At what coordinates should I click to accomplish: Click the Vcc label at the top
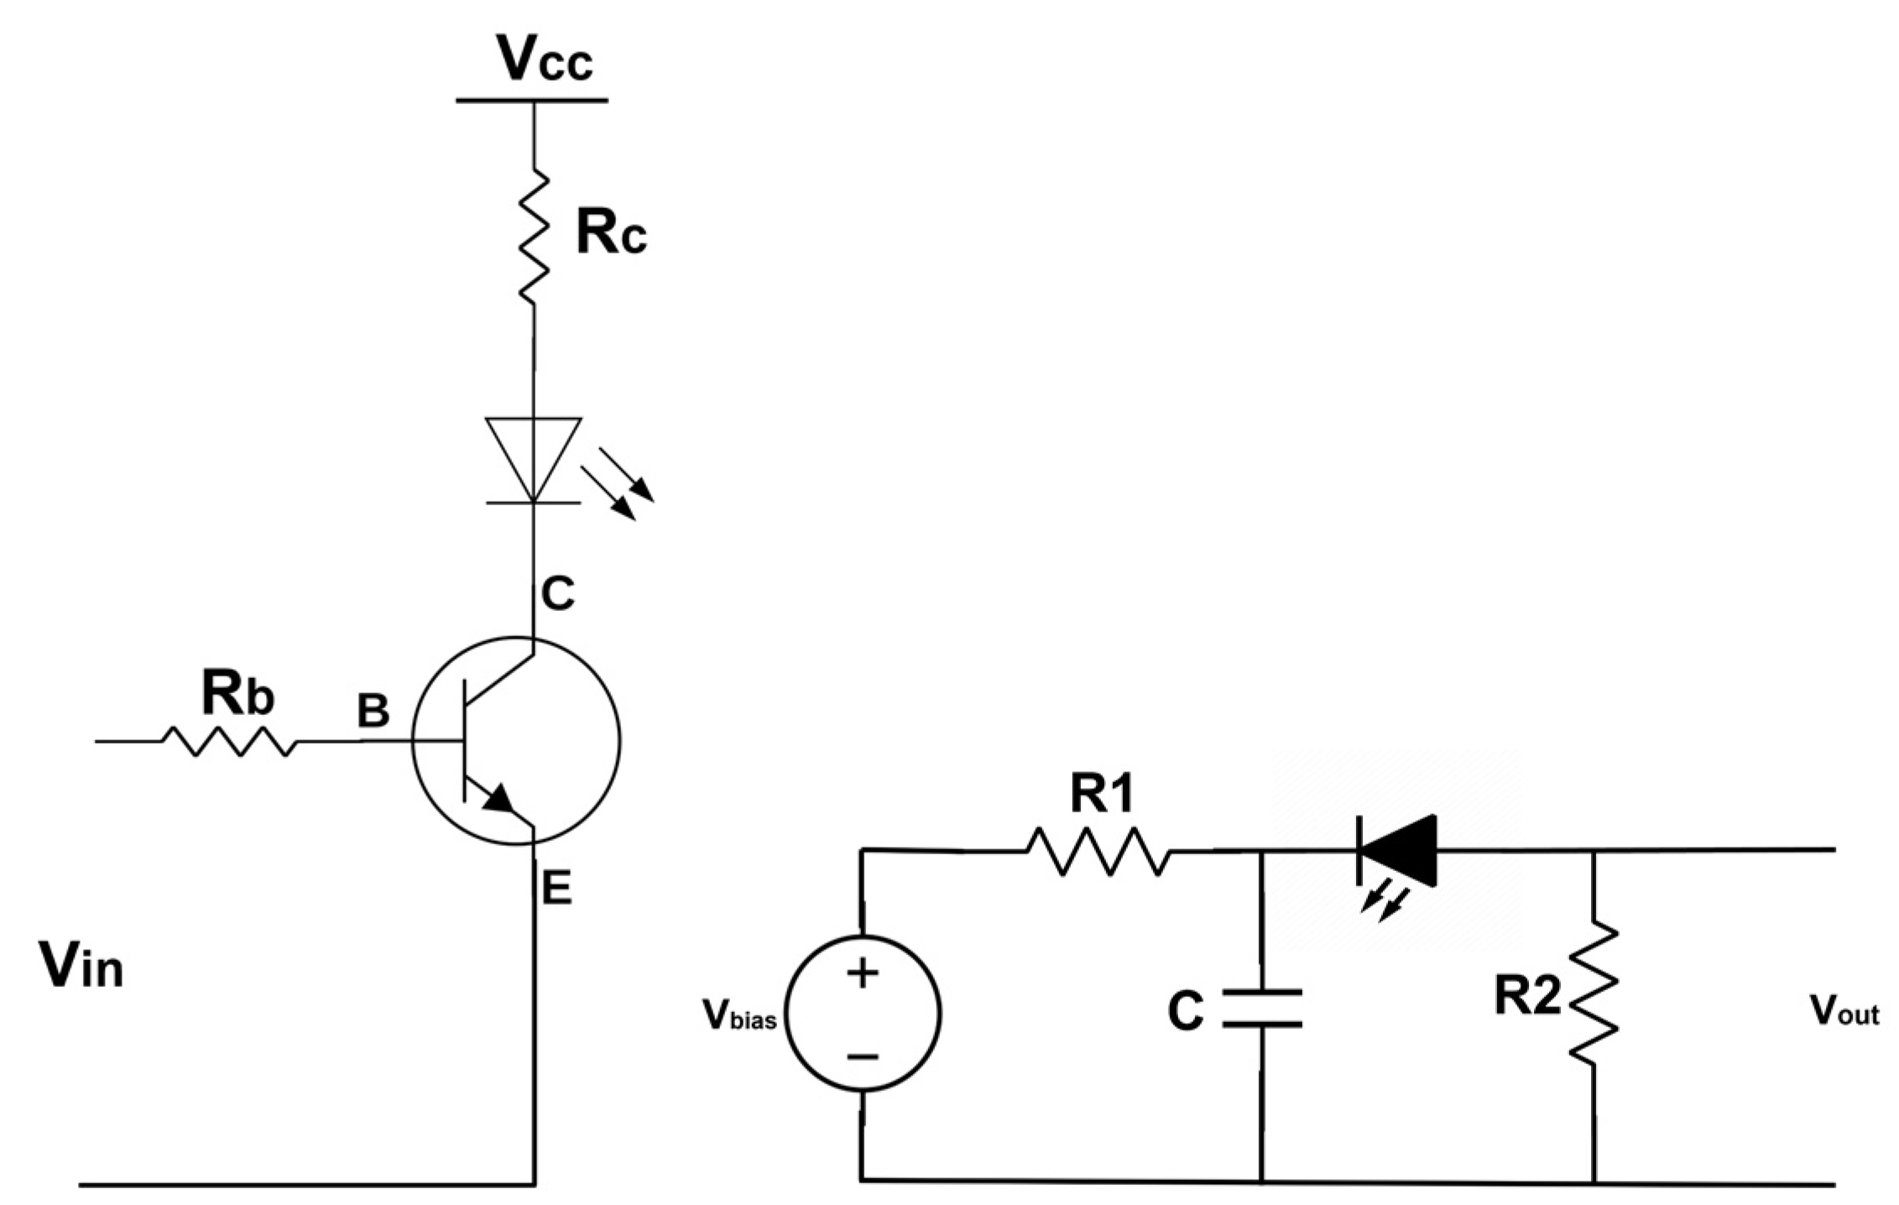pyautogui.click(x=544, y=59)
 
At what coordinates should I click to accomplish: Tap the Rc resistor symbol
pyautogui.click(x=534, y=237)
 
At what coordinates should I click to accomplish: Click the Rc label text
pyautogui.click(x=611, y=233)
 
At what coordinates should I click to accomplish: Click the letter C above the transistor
pyautogui.click(x=557, y=594)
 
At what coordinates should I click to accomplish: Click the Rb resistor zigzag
pyautogui.click(x=228, y=742)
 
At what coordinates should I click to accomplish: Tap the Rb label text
pyautogui.click(x=237, y=695)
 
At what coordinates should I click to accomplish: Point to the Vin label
pyautogui.click(x=81, y=967)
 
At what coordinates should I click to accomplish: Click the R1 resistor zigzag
pyautogui.click(x=1098, y=851)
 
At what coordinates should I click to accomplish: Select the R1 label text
pyautogui.click(x=1102, y=794)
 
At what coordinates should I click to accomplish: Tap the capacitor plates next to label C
pyautogui.click(x=1261, y=1009)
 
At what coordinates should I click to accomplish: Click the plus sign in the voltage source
pyautogui.click(x=862, y=974)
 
